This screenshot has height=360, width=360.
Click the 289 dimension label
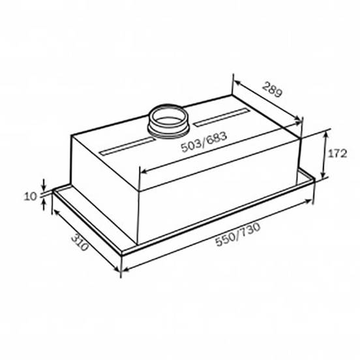coord(273,89)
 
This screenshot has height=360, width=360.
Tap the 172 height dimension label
coord(337,154)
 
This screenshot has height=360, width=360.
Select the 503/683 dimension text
coord(204,142)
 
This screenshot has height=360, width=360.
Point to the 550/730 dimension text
coord(238,234)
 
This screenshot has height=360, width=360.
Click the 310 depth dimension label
coord(80,243)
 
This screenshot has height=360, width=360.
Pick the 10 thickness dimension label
coord(31,196)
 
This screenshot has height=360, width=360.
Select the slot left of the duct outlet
coord(127,147)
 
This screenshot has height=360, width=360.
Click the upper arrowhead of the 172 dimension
coord(326,134)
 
